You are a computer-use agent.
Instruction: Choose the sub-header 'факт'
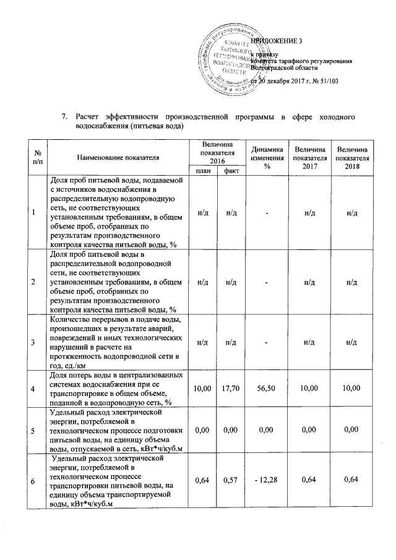pyautogui.click(x=232, y=170)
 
